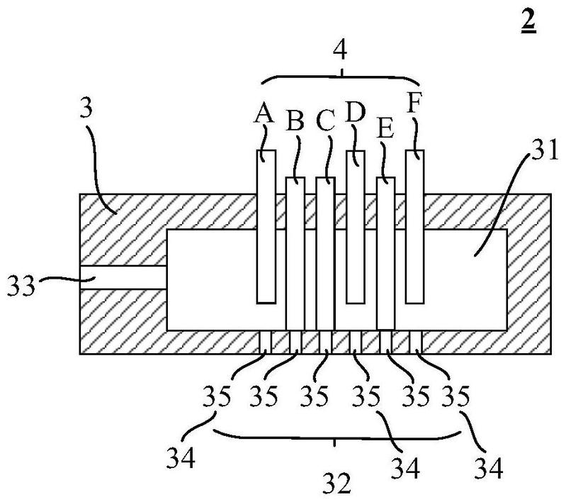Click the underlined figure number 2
coord(528,22)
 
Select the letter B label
coord(295,121)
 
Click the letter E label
coord(385,128)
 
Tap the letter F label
coord(414,103)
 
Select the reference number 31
coord(545,151)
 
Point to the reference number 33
coord(22,286)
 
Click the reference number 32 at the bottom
coord(336,484)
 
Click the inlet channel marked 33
coord(123,277)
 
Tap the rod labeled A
coord(266,227)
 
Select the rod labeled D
coord(356,227)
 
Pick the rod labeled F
coord(414,227)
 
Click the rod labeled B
coord(295,253)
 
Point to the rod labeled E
coord(386,253)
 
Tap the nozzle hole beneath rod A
coord(266,342)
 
